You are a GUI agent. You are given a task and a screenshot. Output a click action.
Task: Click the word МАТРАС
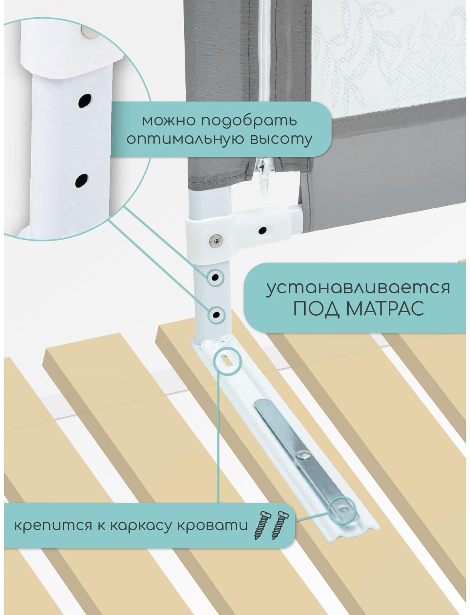tap(385, 308)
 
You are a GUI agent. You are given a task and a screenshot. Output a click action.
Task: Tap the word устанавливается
tap(358, 288)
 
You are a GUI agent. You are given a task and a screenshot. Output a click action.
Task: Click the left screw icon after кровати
tap(260, 525)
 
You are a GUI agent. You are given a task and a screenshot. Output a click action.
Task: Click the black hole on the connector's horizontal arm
tap(263, 231)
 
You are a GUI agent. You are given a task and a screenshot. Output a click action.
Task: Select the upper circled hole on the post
tap(215, 277)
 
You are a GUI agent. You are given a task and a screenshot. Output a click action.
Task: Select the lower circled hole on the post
tap(217, 315)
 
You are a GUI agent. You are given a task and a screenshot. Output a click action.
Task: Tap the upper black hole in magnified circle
tap(83, 101)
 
